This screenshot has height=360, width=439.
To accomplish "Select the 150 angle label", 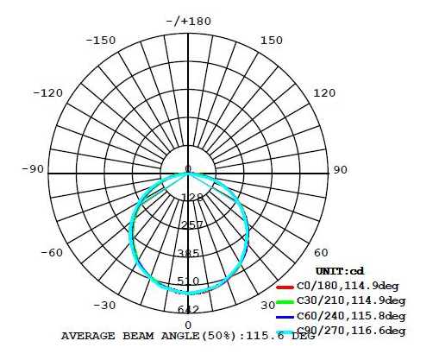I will (x=271, y=40).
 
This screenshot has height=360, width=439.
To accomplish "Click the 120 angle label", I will (x=324, y=93).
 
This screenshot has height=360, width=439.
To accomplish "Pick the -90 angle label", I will (x=32, y=169).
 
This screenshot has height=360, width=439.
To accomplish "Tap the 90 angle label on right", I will (x=340, y=169).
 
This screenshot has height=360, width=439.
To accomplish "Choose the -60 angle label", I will (x=51, y=253).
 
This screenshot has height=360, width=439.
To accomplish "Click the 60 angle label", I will (x=320, y=253).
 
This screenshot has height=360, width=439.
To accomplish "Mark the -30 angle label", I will (x=105, y=305).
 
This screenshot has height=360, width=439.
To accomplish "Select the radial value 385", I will (x=189, y=253).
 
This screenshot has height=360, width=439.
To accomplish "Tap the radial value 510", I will (x=189, y=281).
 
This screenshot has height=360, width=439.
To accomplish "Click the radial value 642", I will (x=189, y=309).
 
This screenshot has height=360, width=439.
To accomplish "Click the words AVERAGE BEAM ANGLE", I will (x=129, y=335).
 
